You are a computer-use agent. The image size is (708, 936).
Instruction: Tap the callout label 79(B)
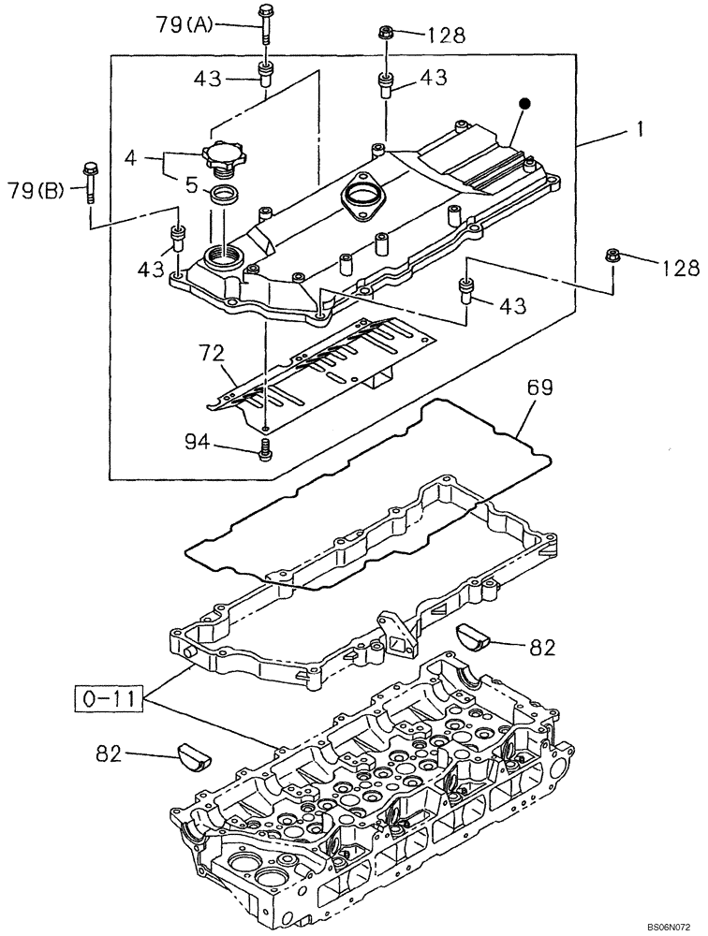[x=37, y=193]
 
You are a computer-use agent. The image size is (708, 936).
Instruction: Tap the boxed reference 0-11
[x=108, y=697]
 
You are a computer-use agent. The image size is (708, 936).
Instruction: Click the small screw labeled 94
[x=265, y=451]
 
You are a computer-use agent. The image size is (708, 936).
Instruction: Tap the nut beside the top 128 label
[x=385, y=34]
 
